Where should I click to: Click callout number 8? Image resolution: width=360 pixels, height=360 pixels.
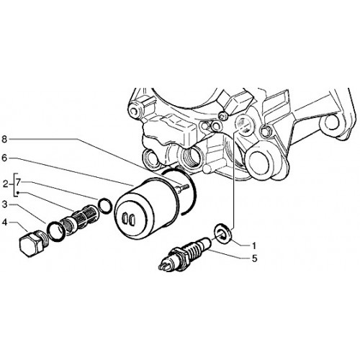coord(4,139)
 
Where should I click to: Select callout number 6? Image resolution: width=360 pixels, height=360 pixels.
coord(4,158)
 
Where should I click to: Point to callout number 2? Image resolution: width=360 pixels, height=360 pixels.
coord(6,184)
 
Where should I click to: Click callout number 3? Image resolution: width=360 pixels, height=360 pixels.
coord(4,204)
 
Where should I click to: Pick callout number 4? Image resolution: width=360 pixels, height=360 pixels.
coord(4,222)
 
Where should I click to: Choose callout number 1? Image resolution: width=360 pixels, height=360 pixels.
coord(253,246)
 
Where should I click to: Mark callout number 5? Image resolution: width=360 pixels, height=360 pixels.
coord(254,258)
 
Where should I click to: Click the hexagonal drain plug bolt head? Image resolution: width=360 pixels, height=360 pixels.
coord(28,245)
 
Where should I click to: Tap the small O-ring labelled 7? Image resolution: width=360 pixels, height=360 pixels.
coord(105,206)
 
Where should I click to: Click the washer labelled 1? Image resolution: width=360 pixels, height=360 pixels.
coord(223,232)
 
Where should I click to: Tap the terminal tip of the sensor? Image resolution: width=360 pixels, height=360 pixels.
coord(163,265)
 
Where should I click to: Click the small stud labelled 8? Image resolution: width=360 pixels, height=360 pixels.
coord(183,187)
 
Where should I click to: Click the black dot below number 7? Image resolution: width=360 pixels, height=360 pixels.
coord(18,192)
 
